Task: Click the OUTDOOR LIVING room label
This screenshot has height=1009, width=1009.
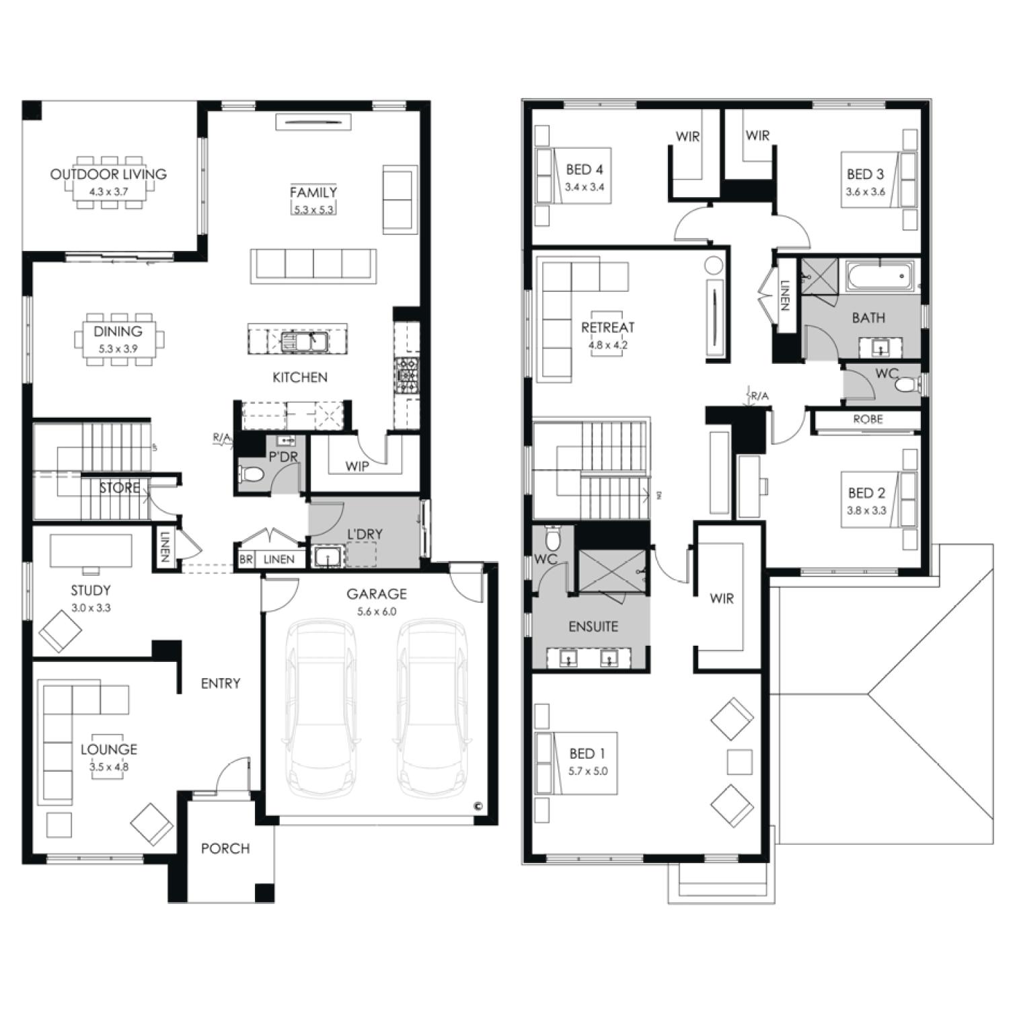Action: [x=108, y=174]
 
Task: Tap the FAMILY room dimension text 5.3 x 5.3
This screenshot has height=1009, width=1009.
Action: [x=313, y=209]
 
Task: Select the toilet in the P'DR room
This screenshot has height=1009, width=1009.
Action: [x=252, y=474]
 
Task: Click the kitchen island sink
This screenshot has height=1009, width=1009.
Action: [x=304, y=341]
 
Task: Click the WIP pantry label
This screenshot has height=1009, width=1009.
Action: [x=357, y=466]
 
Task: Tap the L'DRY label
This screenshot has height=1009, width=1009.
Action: [x=365, y=534]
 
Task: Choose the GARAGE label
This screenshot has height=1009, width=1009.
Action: [x=377, y=594]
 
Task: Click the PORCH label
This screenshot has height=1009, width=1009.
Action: [x=225, y=849]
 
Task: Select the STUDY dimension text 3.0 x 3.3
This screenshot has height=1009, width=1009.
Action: [x=91, y=607]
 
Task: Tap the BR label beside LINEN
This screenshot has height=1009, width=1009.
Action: [x=246, y=560]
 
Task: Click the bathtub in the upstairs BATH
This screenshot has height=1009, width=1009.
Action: [x=880, y=276]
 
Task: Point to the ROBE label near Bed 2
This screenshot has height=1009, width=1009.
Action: [x=868, y=419]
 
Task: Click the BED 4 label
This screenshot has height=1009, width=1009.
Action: [x=585, y=170]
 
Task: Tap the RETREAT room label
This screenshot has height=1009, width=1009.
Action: [x=608, y=328]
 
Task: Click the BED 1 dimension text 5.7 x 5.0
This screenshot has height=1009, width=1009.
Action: [x=588, y=771]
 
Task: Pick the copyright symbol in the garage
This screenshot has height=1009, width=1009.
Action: [x=478, y=805]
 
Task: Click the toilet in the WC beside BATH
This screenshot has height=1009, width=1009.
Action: [x=908, y=385]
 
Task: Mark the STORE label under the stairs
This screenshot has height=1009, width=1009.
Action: [x=120, y=488]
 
